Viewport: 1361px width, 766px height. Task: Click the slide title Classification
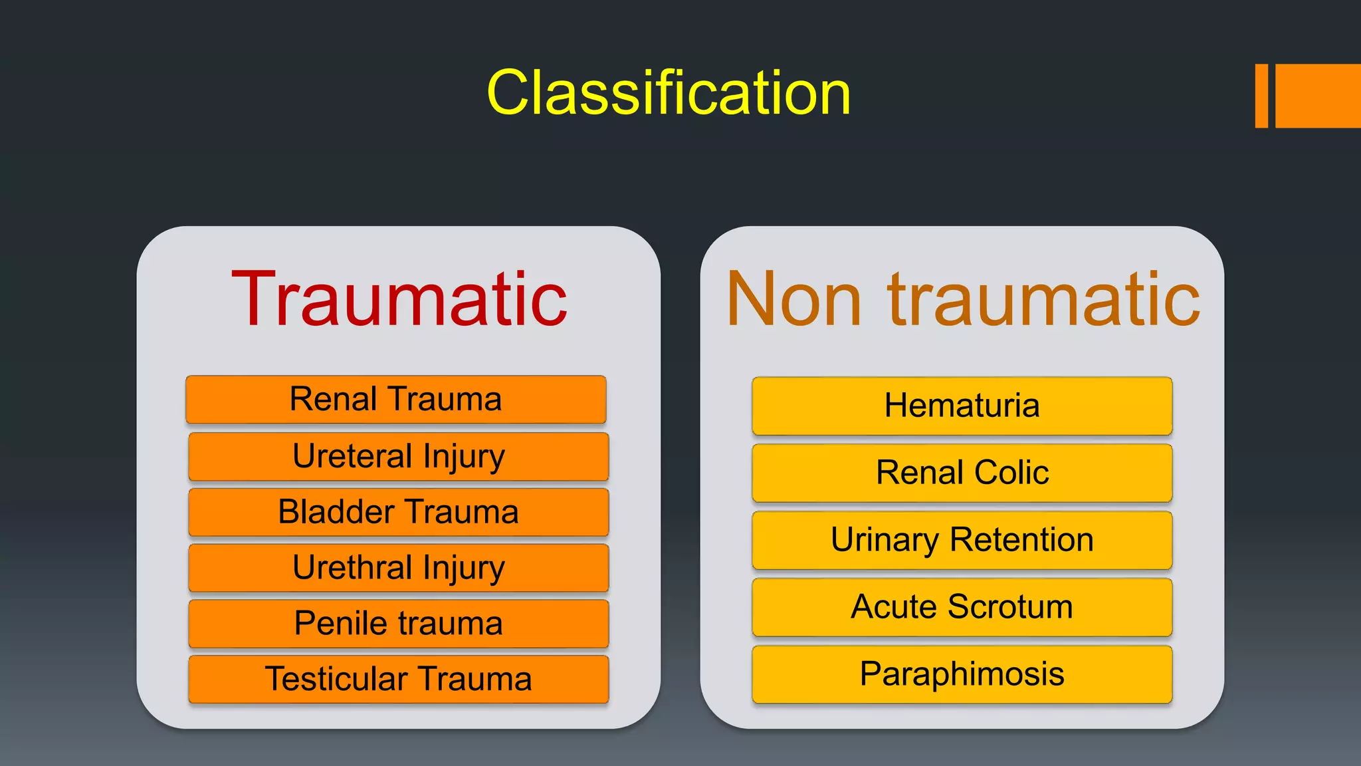[669, 93]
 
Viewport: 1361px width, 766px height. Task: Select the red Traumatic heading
[399, 299]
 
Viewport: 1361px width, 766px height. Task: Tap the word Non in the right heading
[793, 299]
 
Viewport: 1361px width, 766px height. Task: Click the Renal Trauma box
[396, 400]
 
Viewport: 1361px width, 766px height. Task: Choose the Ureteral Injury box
[399, 457]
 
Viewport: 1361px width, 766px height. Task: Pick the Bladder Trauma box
[399, 513]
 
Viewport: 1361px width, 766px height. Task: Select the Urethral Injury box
[399, 569]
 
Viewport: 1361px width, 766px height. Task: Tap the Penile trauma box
[399, 624]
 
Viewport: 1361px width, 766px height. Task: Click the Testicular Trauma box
[399, 680]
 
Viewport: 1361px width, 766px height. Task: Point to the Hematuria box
[962, 406]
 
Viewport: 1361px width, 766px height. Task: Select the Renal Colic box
[962, 473]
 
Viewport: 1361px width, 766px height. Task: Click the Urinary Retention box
[962, 541]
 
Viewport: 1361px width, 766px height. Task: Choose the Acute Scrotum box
[962, 608]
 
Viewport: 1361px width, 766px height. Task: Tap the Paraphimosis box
[962, 674]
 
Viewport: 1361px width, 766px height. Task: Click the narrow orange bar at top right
[1261, 96]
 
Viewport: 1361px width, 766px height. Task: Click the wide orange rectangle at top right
[1318, 96]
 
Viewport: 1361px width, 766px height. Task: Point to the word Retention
[1021, 539]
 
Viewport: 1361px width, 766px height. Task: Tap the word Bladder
[336, 512]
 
